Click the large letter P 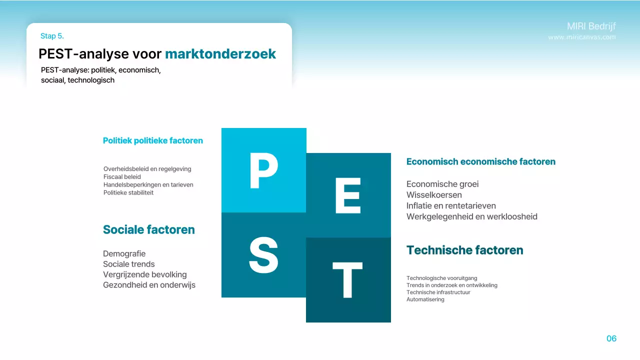tap(263, 171)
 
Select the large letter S tap(263, 255)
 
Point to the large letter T tap(348, 280)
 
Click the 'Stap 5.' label tap(52, 36)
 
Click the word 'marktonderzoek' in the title tap(220, 54)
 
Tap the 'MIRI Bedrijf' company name tap(591, 26)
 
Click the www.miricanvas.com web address tap(582, 37)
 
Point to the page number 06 tap(611, 338)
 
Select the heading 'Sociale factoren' tap(149, 230)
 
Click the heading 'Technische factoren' tap(464, 250)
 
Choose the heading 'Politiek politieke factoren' tap(153, 141)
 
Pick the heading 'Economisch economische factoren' tap(481, 162)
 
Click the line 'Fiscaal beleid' tap(122, 177)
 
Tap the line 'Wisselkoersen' tap(434, 195)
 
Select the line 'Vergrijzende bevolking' tap(145, 274)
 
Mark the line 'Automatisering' tap(425, 299)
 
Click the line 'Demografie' tap(124, 253)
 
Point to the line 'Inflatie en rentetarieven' tap(451, 206)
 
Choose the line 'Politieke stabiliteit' tap(128, 193)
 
